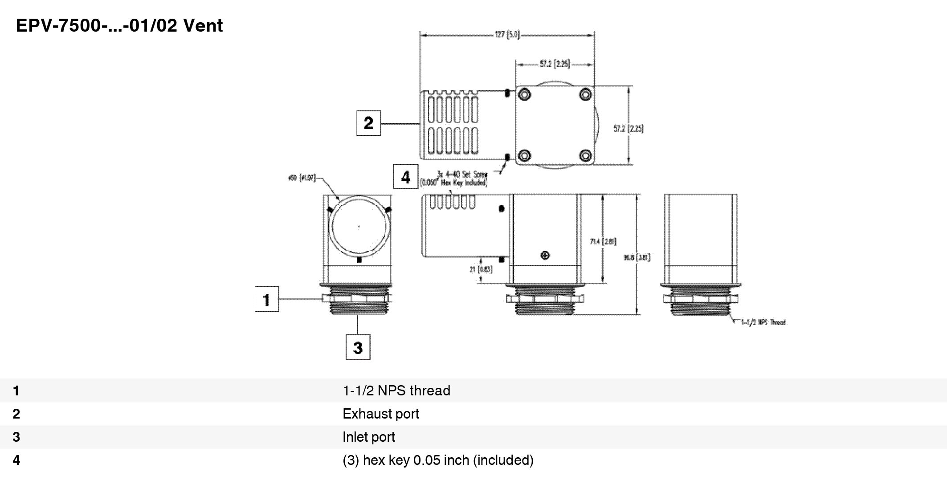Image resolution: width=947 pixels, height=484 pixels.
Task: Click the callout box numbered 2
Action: [368, 123]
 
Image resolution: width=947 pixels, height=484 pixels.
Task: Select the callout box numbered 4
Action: [405, 177]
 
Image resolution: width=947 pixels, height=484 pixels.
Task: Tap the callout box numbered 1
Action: [267, 299]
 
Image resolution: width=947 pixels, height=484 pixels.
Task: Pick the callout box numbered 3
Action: [358, 347]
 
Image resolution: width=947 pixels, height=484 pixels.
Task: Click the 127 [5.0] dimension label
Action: [507, 35]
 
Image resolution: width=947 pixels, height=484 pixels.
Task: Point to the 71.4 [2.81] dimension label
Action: [603, 241]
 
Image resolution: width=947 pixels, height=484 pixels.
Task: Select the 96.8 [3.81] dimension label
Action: [637, 257]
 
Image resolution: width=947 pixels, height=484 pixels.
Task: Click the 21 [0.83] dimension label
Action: [481, 269]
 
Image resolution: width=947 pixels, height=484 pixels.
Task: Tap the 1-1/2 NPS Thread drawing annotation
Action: [763, 322]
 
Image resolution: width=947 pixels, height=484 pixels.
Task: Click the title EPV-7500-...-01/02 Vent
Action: [119, 26]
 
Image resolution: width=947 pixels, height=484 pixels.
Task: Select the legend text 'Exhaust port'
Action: [381, 414]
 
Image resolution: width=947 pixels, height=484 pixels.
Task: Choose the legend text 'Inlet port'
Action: [369, 437]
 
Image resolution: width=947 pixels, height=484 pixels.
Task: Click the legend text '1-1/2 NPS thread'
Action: [396, 390]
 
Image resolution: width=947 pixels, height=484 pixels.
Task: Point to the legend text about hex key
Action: [438, 460]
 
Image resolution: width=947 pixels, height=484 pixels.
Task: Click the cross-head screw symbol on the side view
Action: [545, 255]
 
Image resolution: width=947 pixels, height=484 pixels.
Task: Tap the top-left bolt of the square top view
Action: [525, 94]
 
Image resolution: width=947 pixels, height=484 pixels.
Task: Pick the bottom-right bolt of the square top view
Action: [585, 155]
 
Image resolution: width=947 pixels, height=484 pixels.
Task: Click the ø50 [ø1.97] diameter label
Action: [302, 178]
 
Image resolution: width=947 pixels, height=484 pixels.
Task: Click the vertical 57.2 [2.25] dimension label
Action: [629, 129]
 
